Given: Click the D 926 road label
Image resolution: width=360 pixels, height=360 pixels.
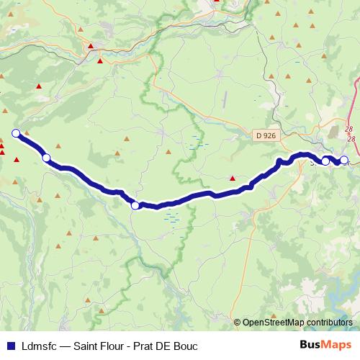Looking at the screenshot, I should (266, 135).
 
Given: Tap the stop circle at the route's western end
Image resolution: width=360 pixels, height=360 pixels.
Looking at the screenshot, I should (16, 132).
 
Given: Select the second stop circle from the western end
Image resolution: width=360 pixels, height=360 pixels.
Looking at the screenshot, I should (46, 158).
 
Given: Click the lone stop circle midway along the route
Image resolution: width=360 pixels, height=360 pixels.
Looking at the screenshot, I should (135, 206).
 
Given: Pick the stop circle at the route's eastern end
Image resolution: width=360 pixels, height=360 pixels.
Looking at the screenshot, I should (343, 160).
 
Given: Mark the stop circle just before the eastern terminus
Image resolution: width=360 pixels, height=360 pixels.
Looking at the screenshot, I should (325, 161).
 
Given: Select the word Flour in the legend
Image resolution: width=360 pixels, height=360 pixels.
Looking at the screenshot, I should (116, 346).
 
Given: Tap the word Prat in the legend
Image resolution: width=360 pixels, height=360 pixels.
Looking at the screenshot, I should (148, 346).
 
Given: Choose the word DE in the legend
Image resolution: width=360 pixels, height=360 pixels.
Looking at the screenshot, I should (170, 346).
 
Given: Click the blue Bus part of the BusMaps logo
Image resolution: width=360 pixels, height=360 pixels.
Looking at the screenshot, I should (310, 345).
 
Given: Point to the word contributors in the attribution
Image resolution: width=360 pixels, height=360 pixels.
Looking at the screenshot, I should (330, 323).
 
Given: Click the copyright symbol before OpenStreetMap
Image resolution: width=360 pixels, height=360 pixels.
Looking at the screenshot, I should (238, 323).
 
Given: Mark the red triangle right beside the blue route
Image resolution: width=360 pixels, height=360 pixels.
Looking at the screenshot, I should (232, 178).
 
